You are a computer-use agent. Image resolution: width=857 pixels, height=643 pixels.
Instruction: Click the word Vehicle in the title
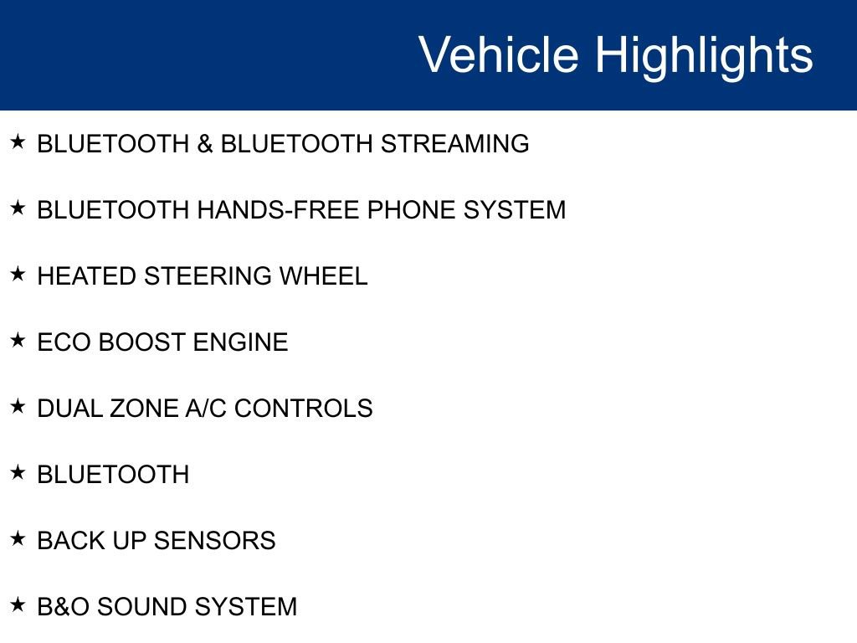[x=499, y=55]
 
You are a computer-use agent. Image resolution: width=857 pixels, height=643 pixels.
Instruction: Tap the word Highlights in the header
[x=704, y=55]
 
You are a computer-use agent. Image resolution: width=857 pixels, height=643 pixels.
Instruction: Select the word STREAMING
[x=455, y=144]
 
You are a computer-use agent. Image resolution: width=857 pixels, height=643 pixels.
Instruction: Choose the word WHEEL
[x=323, y=276]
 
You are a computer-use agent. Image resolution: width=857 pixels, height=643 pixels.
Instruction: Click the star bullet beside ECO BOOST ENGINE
[x=18, y=340]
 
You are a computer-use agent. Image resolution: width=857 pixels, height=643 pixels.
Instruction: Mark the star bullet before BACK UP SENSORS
[x=18, y=538]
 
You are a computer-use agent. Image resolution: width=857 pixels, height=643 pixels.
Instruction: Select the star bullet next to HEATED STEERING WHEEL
[x=18, y=274]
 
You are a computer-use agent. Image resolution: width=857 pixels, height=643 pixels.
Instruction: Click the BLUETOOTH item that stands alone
[x=113, y=475]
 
